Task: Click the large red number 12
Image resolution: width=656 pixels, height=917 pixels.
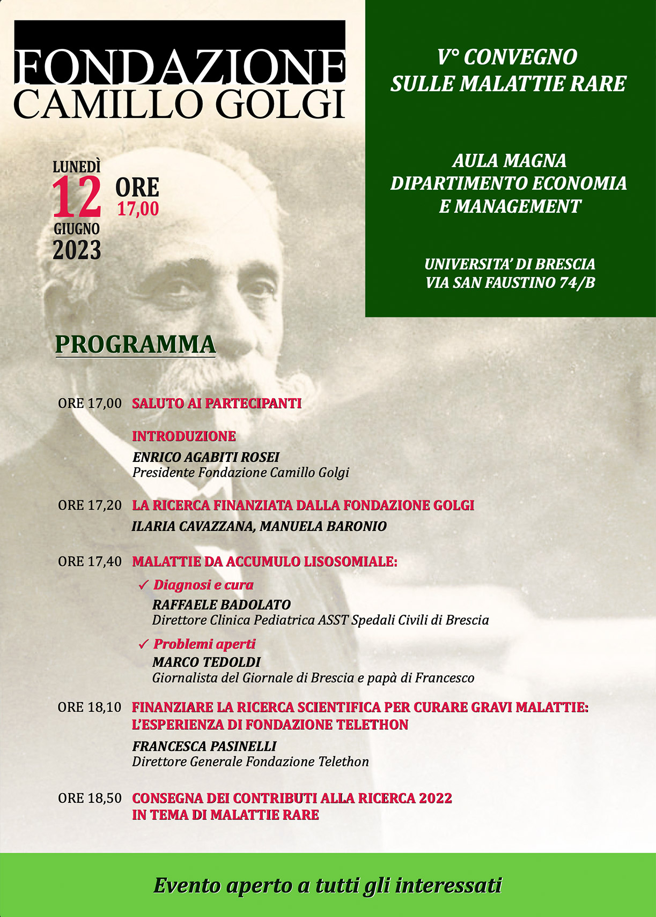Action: pos(77,197)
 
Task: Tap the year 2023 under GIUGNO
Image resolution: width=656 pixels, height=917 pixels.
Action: pos(77,250)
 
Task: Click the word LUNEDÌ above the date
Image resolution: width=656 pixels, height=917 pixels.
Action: pos(77,167)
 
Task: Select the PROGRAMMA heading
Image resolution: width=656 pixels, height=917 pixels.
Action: pos(136,344)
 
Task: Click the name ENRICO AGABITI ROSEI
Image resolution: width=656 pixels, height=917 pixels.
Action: pos(206,457)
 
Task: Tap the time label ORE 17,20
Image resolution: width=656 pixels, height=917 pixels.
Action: pos(90,505)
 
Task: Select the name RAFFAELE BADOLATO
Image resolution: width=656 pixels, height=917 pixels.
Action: pos(222,605)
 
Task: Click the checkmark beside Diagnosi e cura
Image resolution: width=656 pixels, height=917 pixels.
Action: pos(143,585)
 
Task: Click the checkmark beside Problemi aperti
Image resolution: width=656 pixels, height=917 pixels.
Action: pos(143,644)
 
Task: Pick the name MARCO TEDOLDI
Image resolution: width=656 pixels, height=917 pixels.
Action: pos(207,662)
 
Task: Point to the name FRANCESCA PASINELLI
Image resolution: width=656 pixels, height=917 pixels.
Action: pos(204,746)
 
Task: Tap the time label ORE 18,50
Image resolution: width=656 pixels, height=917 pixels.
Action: pos(90,798)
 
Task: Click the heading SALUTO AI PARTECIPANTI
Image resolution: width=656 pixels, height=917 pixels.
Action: pos(217,404)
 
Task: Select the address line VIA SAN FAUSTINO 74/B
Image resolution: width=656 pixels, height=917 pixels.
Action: pos(510,282)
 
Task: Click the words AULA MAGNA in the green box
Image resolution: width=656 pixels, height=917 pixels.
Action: pos(509,160)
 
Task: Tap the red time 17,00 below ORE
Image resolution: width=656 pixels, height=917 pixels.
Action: pos(138,209)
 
